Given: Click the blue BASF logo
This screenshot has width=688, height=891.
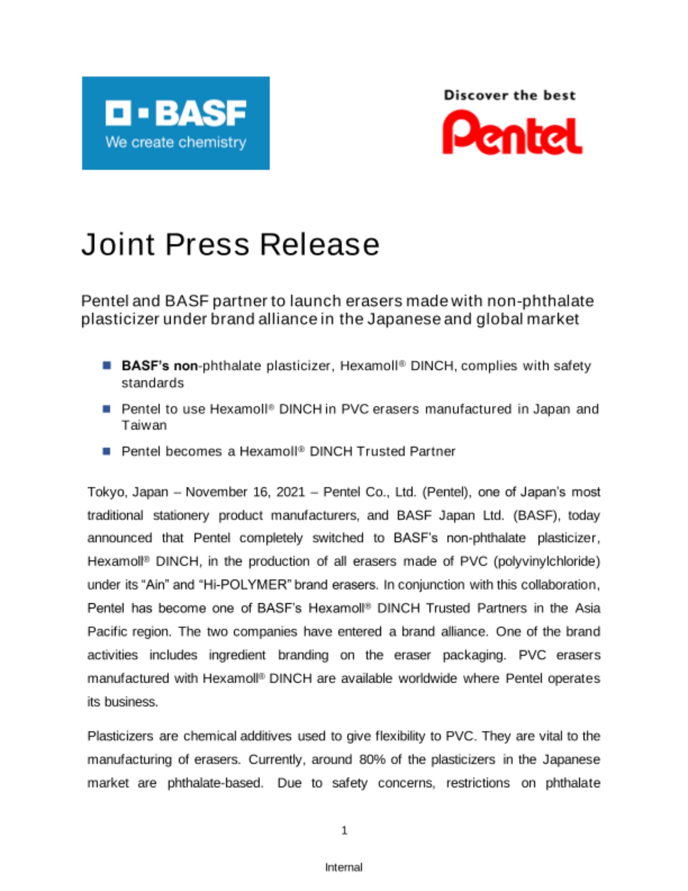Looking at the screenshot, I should click(x=175, y=123).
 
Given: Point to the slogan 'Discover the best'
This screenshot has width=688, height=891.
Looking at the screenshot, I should click(x=509, y=95).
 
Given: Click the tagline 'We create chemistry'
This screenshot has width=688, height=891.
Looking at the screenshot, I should click(x=175, y=143).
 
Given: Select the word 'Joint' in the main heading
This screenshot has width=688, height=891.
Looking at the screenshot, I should click(x=118, y=245).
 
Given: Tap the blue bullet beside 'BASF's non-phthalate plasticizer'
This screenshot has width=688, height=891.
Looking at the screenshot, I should click(x=106, y=366).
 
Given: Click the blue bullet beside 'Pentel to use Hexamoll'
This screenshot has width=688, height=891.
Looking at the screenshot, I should click(x=106, y=409).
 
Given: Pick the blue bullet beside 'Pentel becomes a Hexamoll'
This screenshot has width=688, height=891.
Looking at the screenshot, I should click(x=106, y=451).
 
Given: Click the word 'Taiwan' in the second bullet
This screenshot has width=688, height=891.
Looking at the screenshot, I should click(x=144, y=425).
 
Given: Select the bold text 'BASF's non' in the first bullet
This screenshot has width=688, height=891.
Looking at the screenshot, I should click(x=159, y=366).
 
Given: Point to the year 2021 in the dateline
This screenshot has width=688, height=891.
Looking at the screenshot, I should click(x=290, y=492).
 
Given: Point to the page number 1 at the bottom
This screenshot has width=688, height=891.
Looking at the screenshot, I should click(x=344, y=830).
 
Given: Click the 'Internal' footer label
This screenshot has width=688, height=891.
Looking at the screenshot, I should click(x=344, y=867).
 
